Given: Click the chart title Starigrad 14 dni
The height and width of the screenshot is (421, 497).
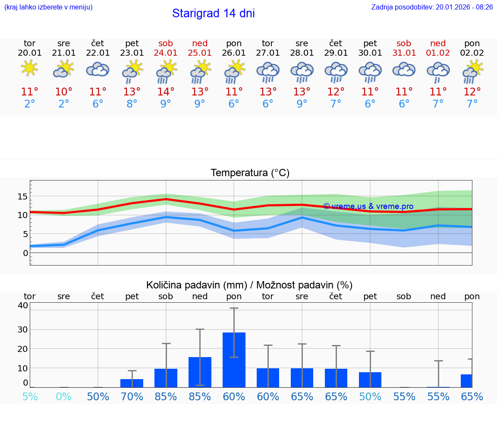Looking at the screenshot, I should (x=213, y=13).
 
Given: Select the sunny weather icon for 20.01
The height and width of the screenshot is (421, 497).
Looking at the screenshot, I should (x=29, y=69).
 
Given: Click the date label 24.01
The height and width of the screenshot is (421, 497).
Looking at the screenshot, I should (x=166, y=53).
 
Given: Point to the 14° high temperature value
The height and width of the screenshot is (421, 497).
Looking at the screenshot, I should (x=166, y=92).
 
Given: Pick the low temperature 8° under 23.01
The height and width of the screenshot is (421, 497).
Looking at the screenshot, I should (x=132, y=104).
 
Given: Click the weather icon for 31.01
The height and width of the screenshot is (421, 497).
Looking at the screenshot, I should (x=404, y=70).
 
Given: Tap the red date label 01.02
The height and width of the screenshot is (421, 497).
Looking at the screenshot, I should (x=438, y=53).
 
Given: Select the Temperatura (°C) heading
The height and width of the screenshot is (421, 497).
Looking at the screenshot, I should (x=250, y=173).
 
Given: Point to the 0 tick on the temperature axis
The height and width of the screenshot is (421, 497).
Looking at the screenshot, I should (x=25, y=253).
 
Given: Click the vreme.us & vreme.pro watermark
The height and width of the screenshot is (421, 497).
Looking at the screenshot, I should (x=368, y=206).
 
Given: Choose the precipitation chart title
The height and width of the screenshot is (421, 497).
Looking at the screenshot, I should (x=249, y=285).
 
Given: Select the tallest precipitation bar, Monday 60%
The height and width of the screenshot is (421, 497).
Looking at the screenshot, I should (x=234, y=360).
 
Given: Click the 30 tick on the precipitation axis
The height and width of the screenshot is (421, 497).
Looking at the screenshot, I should (x=22, y=329).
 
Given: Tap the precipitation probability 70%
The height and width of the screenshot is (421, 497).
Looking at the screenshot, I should (x=132, y=396).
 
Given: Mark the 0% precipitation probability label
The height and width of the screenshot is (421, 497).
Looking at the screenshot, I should (x=63, y=396).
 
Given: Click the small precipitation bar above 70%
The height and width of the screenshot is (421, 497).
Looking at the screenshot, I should (x=132, y=383).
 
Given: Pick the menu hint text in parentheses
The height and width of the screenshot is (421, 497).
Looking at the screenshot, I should (x=48, y=7).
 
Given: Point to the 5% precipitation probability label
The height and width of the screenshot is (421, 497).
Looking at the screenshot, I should (x=30, y=396).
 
